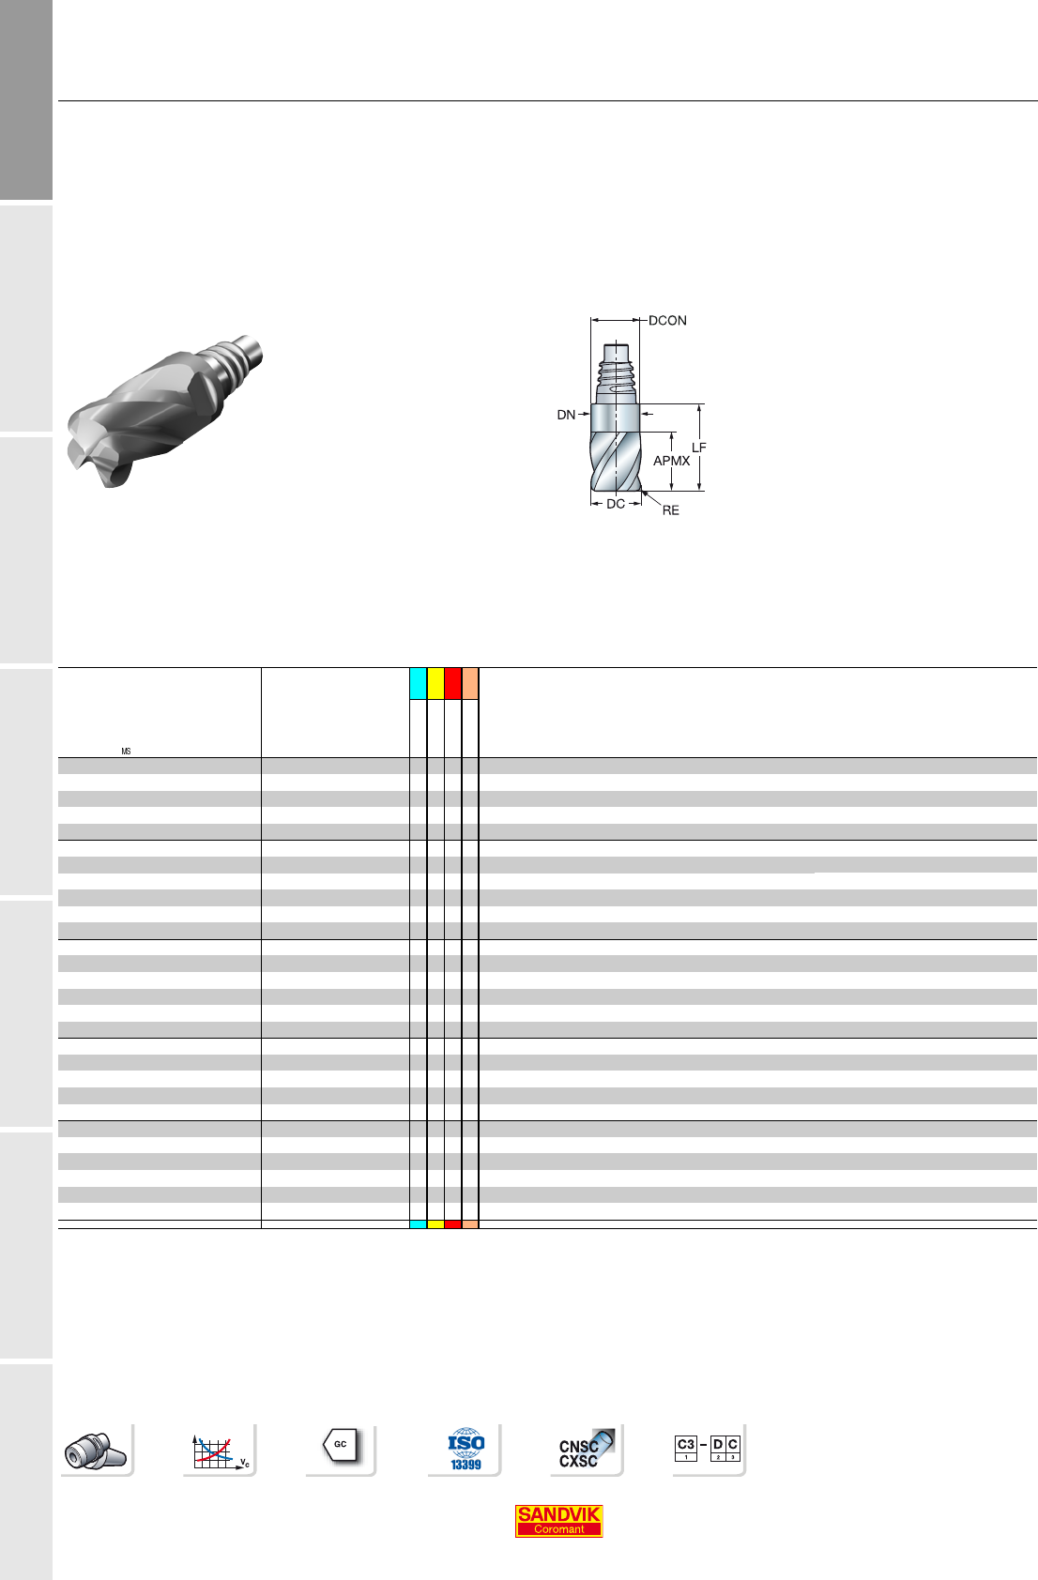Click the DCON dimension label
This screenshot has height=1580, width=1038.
click(667, 320)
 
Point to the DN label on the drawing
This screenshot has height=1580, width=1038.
click(566, 415)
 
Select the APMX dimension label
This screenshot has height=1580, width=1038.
click(671, 461)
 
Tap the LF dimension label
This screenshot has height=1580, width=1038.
click(698, 448)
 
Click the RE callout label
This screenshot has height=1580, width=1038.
click(670, 510)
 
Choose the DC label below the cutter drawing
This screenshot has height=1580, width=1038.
click(616, 504)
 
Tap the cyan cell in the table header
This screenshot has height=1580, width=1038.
click(418, 683)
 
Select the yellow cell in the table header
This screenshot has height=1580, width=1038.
click(435, 683)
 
